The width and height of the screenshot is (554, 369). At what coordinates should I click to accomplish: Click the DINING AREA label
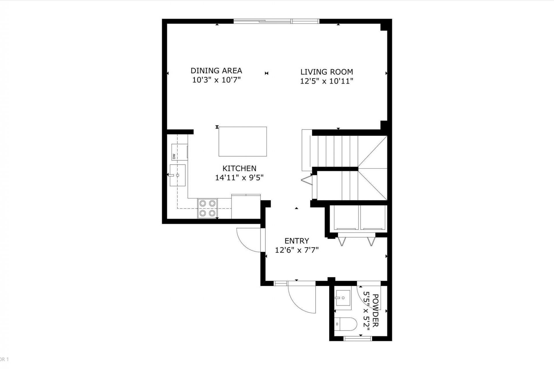coord(216,71)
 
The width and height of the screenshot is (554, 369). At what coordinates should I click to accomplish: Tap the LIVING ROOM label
coord(327,72)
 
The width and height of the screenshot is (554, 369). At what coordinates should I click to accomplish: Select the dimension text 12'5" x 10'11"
coord(327,81)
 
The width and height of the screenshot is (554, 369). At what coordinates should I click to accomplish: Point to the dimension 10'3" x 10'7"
coord(216,80)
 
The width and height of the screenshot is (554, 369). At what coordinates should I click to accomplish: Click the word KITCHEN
coord(239,168)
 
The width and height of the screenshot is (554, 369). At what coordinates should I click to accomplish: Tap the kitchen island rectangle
coord(242,142)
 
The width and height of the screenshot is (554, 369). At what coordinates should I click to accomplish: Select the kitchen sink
coord(177,175)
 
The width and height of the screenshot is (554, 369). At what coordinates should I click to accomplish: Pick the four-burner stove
coord(207,208)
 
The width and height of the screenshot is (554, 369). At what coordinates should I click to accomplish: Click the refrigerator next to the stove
coord(246,206)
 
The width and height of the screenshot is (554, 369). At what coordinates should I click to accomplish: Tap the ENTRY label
coord(297,241)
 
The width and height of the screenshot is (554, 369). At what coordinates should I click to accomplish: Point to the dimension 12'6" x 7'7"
coord(297,250)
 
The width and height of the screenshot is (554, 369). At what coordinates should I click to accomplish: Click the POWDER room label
coord(375,310)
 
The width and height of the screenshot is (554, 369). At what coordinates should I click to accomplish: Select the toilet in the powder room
coord(346,324)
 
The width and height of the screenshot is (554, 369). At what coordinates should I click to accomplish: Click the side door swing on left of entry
coord(248,239)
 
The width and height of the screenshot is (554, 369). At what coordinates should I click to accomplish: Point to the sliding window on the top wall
coord(276,21)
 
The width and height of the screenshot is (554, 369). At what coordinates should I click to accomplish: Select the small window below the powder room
coord(358,339)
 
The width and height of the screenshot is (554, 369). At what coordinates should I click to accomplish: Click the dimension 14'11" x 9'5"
coord(239,178)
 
